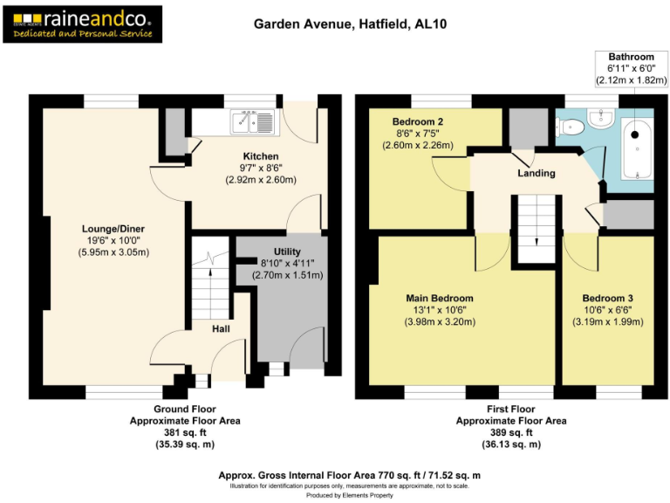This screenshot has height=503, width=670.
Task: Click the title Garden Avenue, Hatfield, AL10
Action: tap(340, 24)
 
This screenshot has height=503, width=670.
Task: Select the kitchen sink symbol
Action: tap(252, 121)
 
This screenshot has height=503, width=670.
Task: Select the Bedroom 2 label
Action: tap(418, 121)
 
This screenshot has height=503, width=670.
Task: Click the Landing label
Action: tap(536, 173)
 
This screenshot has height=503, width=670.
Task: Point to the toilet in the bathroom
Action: tap(571, 127)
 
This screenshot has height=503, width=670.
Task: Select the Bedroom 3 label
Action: tap(607, 298)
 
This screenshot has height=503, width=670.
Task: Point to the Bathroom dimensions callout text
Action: tap(631, 68)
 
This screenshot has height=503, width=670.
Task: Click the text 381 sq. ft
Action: tap(184, 432)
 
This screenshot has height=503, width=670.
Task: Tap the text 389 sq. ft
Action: tap(510, 432)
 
